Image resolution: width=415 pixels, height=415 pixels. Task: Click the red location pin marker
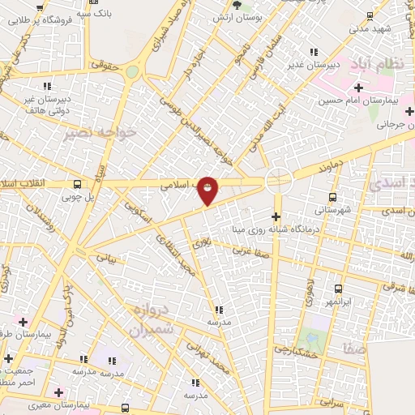point(207,190)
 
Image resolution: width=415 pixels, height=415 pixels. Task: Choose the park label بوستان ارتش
point(234,17)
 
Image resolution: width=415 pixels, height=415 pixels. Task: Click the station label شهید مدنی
point(370,28)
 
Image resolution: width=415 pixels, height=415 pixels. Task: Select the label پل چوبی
point(79,196)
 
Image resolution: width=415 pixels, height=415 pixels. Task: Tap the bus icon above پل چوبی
point(76,184)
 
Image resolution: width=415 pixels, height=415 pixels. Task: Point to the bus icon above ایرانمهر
point(338,289)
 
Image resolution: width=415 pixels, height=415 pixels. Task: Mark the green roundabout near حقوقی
point(132,72)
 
